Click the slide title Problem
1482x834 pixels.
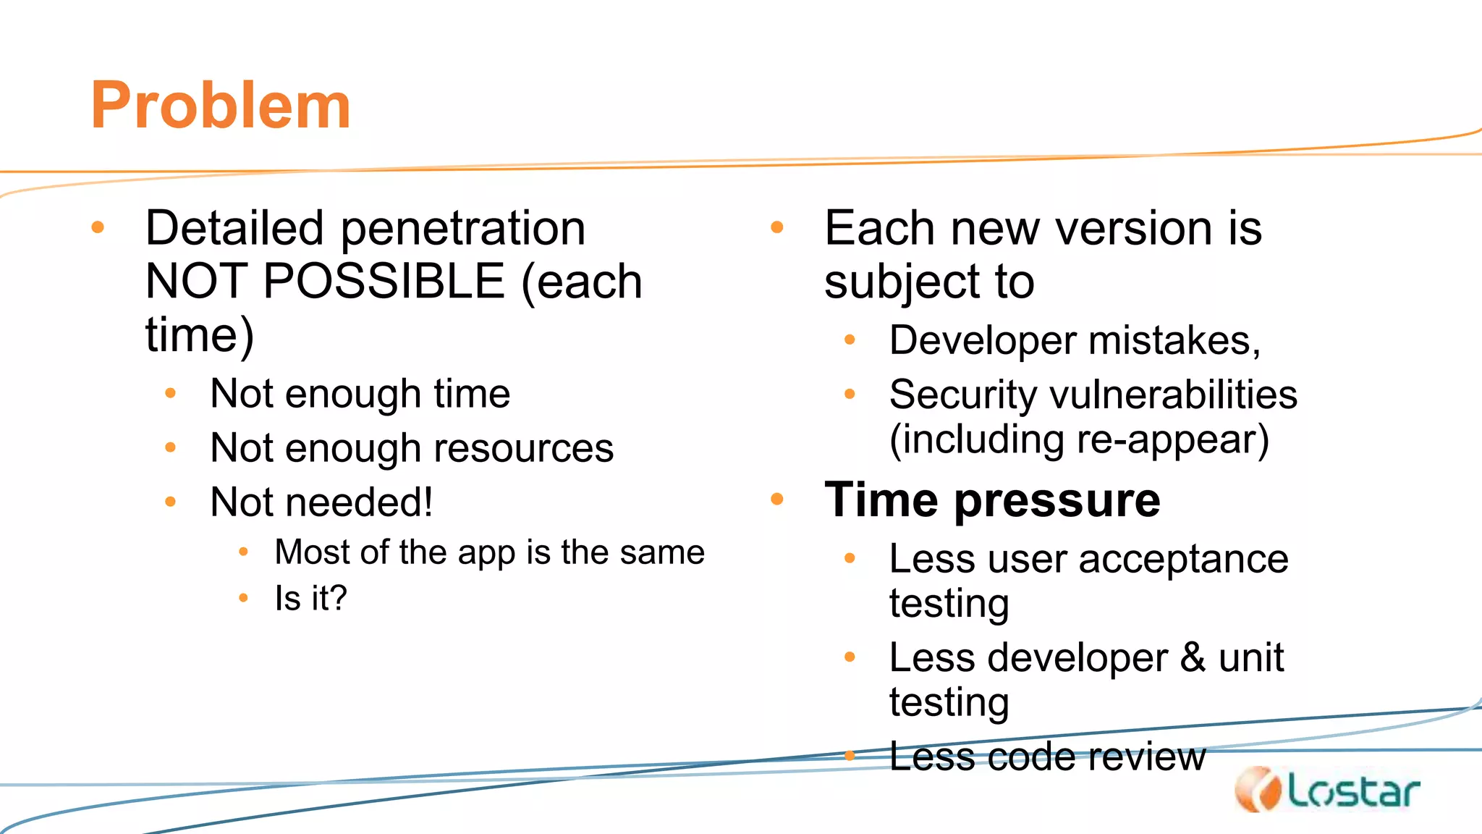coord(221,106)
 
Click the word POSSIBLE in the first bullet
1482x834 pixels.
coord(384,281)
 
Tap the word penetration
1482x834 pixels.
coord(463,229)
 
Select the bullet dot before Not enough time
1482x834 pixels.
coord(171,393)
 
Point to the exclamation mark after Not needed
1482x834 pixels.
coord(428,501)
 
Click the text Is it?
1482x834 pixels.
coord(311,598)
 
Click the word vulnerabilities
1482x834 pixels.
coord(1173,395)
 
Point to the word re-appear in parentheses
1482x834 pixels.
coord(1172,439)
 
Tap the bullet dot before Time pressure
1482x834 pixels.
coord(777,499)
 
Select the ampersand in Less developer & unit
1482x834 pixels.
coord(1193,657)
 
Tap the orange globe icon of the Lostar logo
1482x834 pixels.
coord(1258,789)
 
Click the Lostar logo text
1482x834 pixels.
coord(1353,791)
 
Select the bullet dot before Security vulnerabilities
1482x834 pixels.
coord(850,395)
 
